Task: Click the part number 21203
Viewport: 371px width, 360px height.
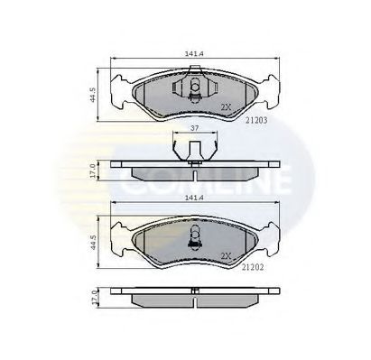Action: pyautogui.click(x=256, y=120)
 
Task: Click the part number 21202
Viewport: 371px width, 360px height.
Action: pyautogui.click(x=253, y=267)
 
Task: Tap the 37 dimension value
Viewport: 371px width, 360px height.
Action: pyautogui.click(x=195, y=128)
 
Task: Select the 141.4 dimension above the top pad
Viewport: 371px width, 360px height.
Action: pyautogui.click(x=194, y=54)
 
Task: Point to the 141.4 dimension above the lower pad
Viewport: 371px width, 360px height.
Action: pyautogui.click(x=194, y=198)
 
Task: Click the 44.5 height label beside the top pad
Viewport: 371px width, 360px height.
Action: pyautogui.click(x=93, y=95)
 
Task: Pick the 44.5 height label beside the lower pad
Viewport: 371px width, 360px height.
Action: pyautogui.click(x=93, y=242)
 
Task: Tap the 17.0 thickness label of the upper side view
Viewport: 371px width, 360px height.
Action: pyautogui.click(x=93, y=171)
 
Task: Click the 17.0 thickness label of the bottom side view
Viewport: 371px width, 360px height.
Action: pyautogui.click(x=93, y=298)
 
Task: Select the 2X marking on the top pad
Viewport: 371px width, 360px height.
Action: pyautogui.click(x=226, y=107)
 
